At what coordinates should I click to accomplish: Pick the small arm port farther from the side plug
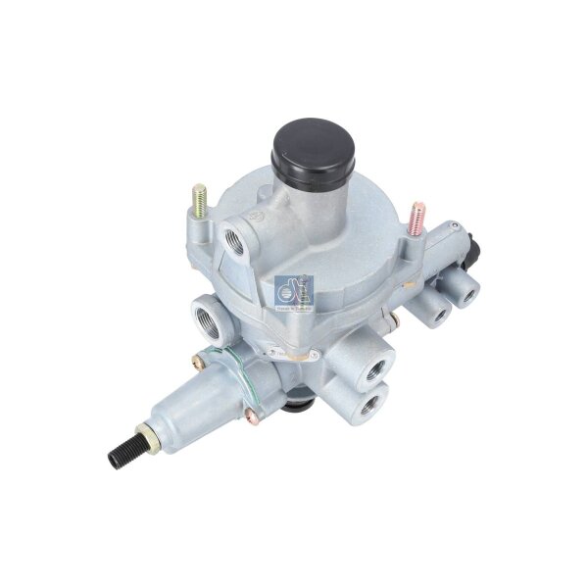coord(436,315)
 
